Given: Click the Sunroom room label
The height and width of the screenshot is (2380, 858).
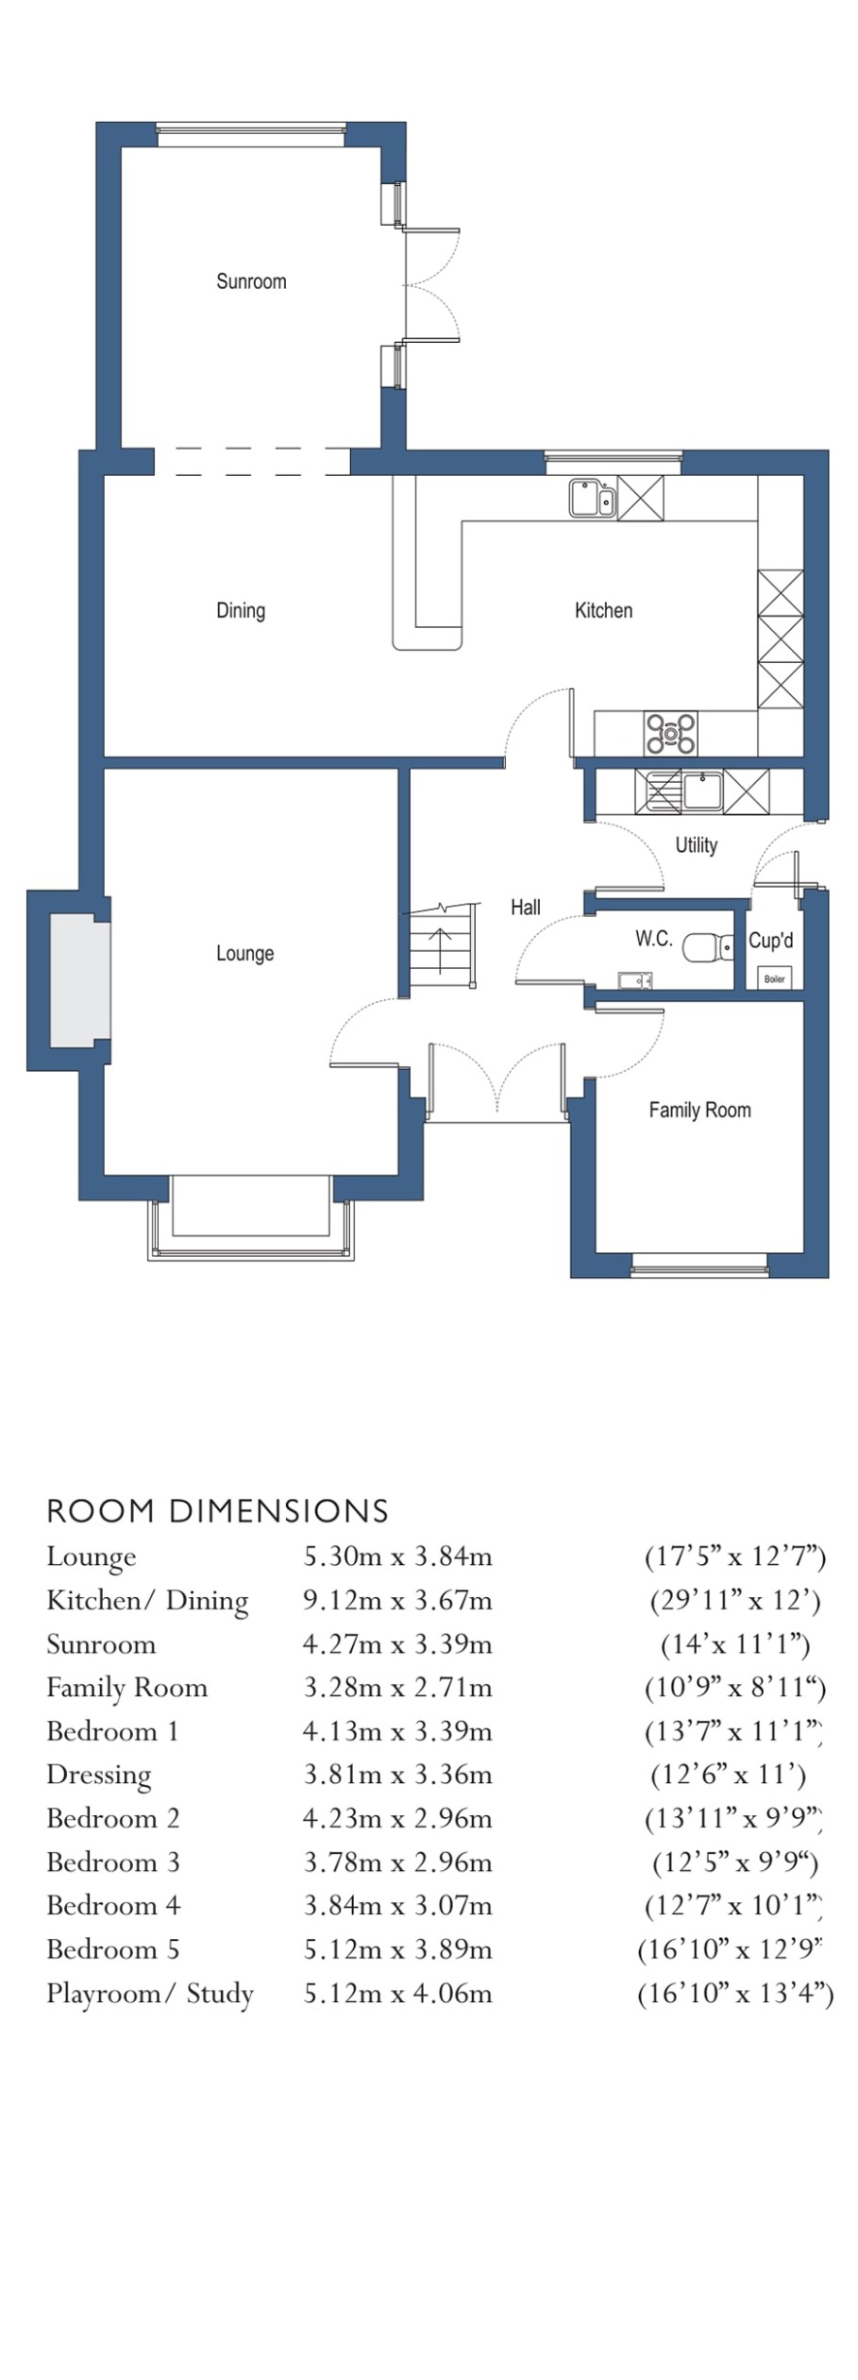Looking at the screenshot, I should point(251,281).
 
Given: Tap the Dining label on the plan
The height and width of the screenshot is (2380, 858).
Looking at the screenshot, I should point(241,610).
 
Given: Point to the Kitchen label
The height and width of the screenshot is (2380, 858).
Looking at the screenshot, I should point(603,610).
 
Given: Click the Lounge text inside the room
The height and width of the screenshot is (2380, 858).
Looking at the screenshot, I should point(244,953).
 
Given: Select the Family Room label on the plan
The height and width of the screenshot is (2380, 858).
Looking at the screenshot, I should point(699,1110).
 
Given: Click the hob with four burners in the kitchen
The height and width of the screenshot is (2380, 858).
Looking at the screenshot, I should point(670,733).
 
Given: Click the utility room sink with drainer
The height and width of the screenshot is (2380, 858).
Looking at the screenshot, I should point(680,791).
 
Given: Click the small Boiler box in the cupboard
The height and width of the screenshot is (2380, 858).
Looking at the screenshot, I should point(774,978).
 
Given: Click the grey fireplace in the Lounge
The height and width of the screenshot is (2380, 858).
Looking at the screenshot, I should point(78,979).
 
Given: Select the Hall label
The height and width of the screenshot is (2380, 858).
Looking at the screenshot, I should point(526,908).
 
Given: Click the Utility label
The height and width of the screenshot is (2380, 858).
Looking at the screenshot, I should point(696,845).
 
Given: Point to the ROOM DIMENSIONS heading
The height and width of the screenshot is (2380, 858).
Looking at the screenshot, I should point(217,1511).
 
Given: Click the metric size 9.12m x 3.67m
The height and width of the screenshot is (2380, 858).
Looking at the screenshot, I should point(397,1601).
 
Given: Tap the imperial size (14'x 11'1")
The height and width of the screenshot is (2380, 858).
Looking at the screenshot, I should point(735,1644).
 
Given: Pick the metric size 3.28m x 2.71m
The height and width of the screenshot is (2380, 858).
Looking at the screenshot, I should point(397,1688).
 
